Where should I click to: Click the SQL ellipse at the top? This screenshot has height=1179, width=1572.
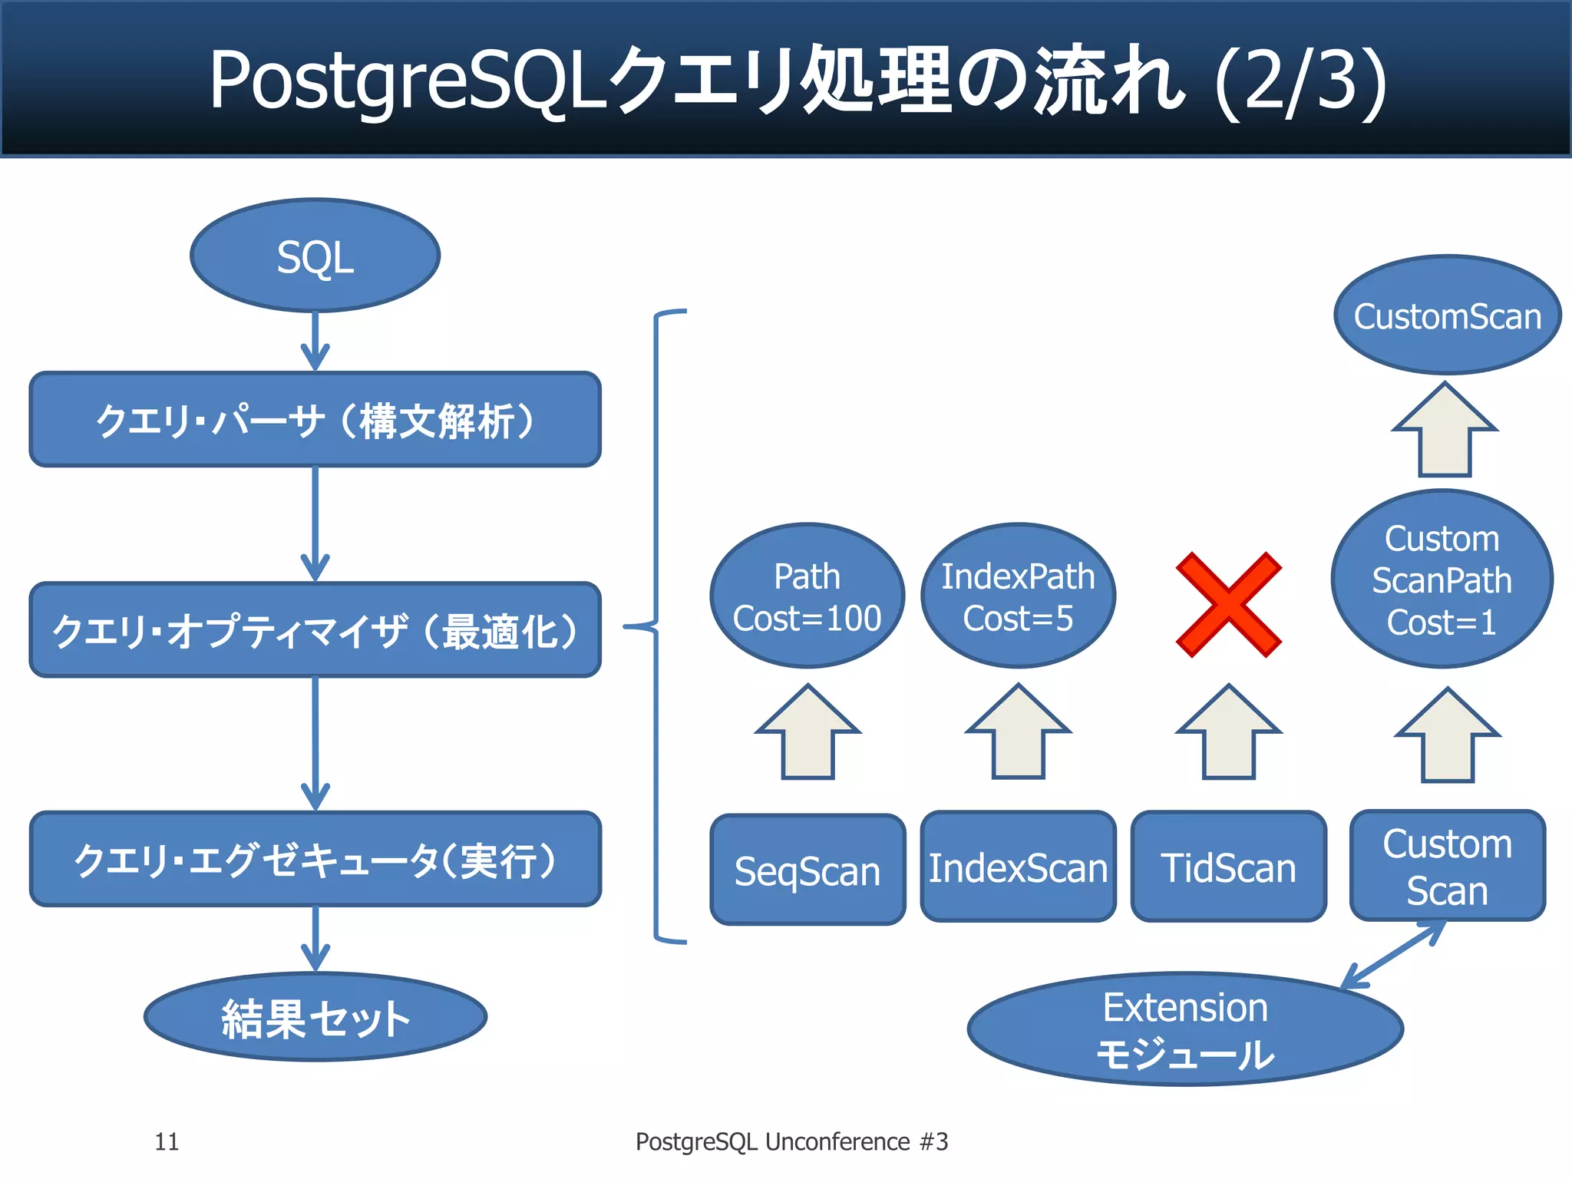[x=315, y=256]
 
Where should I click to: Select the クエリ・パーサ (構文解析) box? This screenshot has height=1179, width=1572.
[x=315, y=420]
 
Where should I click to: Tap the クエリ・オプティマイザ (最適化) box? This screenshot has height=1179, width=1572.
[x=315, y=630]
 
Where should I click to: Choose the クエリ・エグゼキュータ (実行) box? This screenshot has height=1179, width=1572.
[x=315, y=859]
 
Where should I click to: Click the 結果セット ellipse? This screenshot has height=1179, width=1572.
[x=315, y=1018]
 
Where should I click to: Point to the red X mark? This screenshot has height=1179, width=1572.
[x=1228, y=604]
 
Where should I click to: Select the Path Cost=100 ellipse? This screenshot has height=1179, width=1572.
[x=807, y=596]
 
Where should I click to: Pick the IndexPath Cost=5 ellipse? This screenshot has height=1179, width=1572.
[x=1018, y=596]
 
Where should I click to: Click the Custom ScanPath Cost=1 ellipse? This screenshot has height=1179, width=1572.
[x=1442, y=580]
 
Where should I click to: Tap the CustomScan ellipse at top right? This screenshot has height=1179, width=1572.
[x=1447, y=315]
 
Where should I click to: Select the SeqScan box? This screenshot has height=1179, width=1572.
[x=807, y=870]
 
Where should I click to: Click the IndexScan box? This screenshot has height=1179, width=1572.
[x=1018, y=867]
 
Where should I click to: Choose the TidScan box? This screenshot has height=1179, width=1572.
[x=1228, y=867]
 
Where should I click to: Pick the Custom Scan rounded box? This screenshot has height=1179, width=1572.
[x=1447, y=866]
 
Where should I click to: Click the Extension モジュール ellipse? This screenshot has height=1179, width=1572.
[x=1185, y=1029]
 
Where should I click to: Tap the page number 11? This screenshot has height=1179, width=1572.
[x=167, y=1142]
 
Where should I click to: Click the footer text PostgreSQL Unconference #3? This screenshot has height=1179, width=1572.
[x=791, y=1142]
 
